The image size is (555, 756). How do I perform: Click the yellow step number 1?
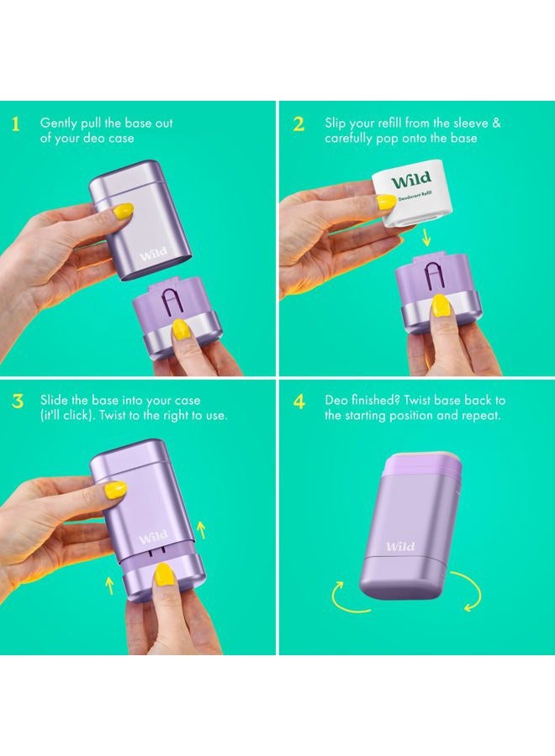point(15,124)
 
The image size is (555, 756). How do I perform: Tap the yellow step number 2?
point(299,124)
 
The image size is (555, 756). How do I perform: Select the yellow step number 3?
point(18,402)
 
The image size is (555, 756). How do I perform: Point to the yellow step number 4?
point(299,402)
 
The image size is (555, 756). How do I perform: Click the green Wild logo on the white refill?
point(410,181)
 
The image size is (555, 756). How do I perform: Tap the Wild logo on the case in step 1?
point(154,253)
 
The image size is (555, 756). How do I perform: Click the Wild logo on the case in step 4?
point(400,546)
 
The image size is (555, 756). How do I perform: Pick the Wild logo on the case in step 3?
point(153,537)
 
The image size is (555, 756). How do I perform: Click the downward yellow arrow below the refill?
point(426,237)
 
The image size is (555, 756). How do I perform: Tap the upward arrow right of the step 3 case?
point(202,529)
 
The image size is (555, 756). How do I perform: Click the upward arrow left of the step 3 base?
point(109,585)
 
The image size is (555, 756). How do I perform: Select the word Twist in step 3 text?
point(113,415)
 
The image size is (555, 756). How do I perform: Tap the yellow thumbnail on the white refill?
point(386,202)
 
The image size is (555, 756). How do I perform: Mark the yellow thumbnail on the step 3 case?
point(116,490)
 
